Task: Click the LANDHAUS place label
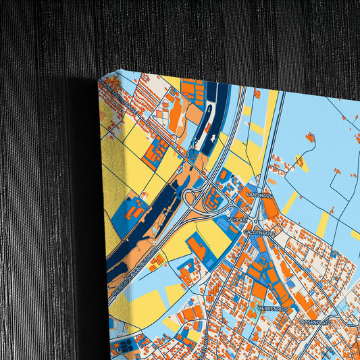[259, 195]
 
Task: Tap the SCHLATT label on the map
[238, 220]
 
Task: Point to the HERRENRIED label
[272, 309]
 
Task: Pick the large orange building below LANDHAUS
[271, 208]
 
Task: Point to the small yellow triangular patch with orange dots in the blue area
[302, 163]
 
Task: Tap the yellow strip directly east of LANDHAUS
[290, 203]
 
